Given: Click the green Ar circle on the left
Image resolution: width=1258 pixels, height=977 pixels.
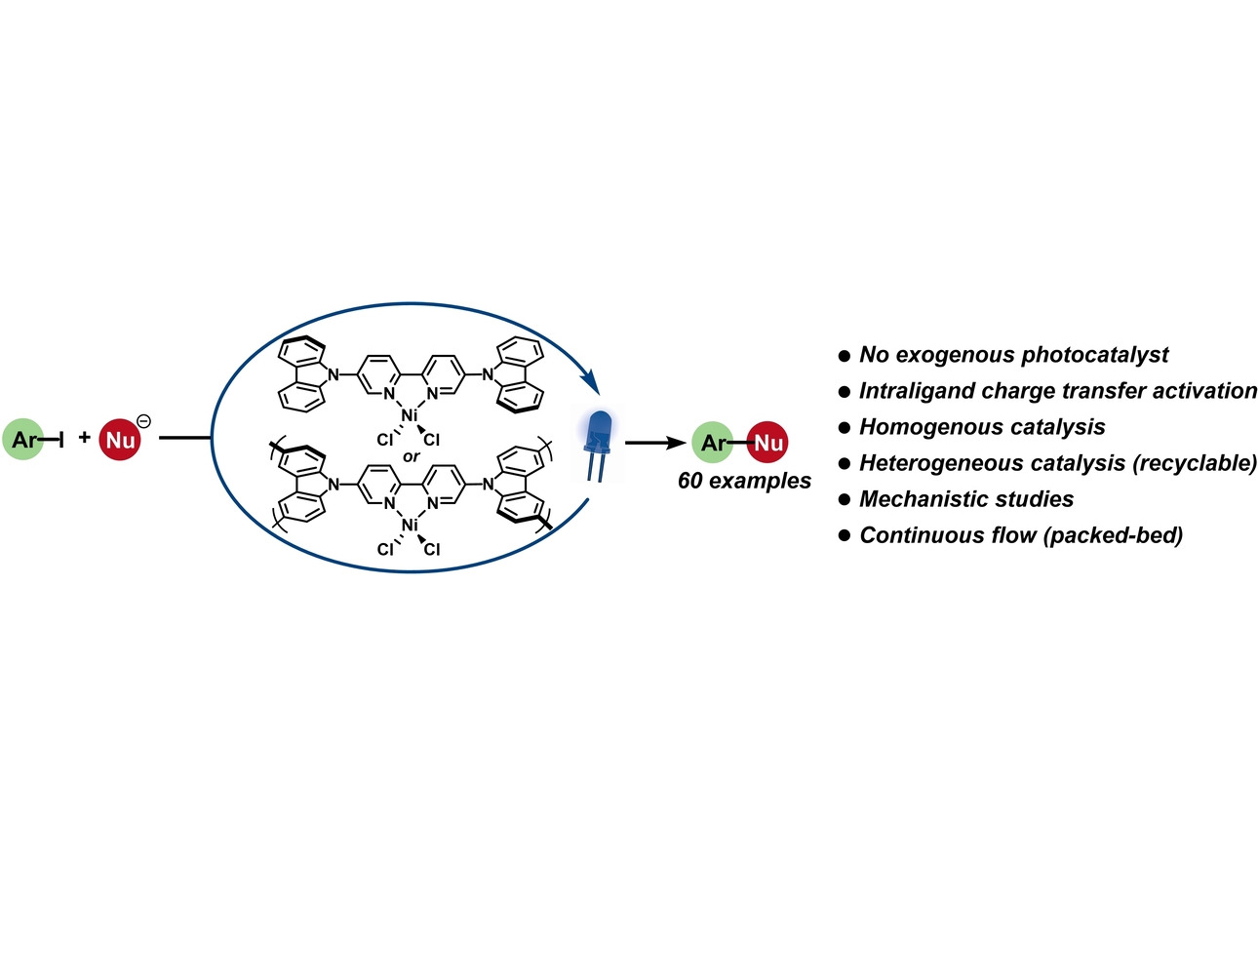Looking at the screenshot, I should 23,440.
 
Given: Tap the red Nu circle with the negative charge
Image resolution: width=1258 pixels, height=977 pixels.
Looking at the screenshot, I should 120,440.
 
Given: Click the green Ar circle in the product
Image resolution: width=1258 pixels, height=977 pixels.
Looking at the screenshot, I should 713,443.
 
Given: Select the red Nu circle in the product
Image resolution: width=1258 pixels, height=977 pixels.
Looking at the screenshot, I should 767,443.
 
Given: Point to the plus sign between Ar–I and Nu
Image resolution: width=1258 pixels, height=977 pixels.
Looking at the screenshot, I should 85,438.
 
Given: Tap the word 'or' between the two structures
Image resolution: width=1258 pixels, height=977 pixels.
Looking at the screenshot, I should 412,456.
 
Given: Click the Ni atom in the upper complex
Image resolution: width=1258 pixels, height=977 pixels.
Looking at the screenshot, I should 410,415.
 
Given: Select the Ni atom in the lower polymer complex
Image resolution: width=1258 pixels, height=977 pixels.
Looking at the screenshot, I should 410,525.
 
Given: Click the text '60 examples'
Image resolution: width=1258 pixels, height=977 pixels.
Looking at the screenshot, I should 744,481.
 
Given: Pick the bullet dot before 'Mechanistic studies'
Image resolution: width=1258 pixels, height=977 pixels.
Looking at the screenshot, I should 845,500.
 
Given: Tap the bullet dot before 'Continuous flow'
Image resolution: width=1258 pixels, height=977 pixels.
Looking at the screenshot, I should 845,536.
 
